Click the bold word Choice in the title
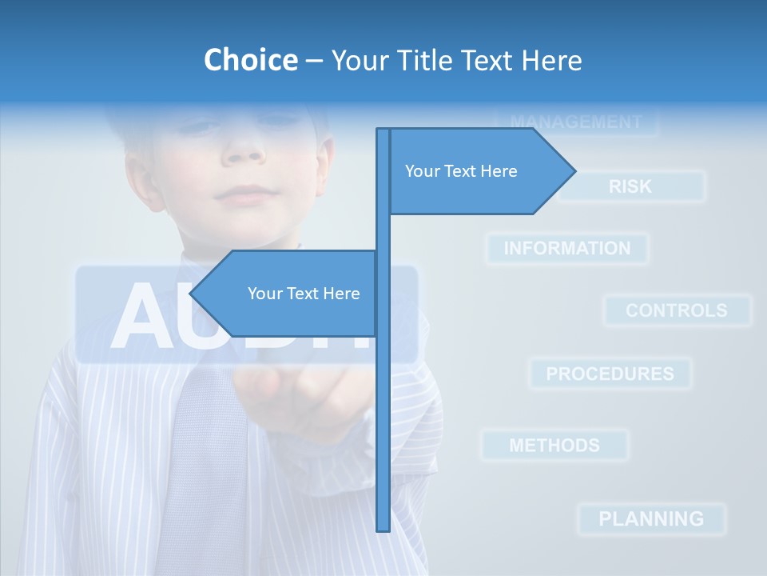(250, 60)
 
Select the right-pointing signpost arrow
(479, 171)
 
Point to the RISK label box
(631, 186)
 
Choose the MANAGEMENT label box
(576, 122)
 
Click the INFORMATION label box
(567, 249)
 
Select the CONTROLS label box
(677, 310)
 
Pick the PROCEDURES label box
(610, 374)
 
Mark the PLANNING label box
(651, 518)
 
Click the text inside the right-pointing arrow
(461, 171)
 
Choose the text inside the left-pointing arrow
(304, 294)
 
